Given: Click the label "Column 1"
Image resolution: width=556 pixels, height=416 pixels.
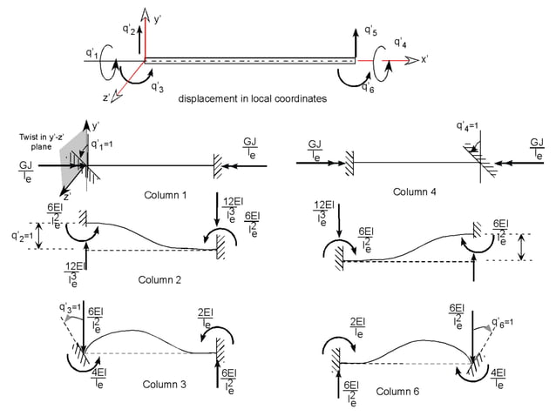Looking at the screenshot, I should click(166, 194).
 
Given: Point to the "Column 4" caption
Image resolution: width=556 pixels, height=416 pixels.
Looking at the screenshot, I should click(417, 191).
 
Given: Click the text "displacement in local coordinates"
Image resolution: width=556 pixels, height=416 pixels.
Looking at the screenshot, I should click(253, 99).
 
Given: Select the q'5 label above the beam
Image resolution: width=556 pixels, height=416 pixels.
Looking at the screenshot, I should click(370, 31).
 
